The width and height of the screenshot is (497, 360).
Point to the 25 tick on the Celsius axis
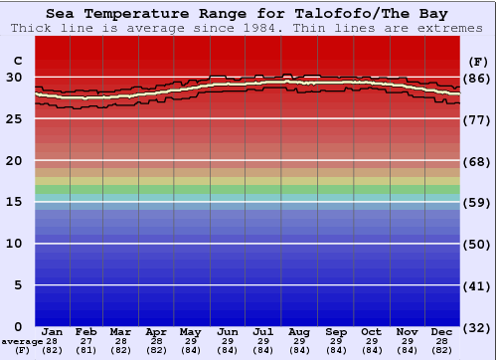point(15,118)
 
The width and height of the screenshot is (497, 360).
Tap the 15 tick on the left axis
point(15,202)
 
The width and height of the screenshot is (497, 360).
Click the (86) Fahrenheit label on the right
point(478,78)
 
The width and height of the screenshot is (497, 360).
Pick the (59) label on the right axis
point(478,202)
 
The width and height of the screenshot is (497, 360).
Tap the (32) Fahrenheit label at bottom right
point(478,327)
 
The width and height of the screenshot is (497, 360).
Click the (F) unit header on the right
point(477,62)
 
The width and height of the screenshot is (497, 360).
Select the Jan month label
point(53,332)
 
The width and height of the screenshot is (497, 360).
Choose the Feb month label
point(86,332)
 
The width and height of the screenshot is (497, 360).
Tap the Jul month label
point(263,332)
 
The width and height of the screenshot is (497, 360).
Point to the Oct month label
point(371,332)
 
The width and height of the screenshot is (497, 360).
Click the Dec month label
point(442,332)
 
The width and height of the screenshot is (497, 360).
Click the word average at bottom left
point(22,341)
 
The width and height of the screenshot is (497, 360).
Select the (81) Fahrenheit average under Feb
point(86,350)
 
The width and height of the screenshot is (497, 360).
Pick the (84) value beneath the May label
point(191,350)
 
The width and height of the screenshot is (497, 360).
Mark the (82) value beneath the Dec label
point(442,350)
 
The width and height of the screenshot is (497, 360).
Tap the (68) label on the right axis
point(478,160)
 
